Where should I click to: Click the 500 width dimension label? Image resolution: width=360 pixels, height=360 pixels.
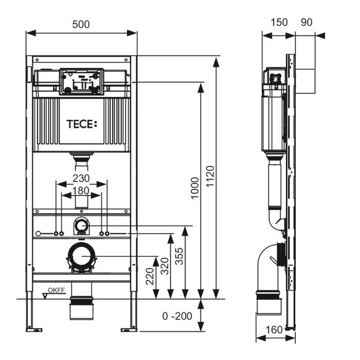81,24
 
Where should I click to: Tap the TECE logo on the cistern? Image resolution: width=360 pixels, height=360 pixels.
82,124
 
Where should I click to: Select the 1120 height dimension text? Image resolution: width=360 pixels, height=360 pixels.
210,176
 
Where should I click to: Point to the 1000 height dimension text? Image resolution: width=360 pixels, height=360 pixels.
195,188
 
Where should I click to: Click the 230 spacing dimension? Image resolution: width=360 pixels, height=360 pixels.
81,178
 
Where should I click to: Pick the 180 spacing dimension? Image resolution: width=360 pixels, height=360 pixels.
81,191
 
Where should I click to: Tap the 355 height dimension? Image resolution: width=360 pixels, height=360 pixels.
179,256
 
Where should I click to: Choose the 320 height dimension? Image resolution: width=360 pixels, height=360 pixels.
165,266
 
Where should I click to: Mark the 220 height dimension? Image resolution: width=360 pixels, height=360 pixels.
150,276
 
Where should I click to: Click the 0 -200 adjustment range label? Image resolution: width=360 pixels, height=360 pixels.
177,316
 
